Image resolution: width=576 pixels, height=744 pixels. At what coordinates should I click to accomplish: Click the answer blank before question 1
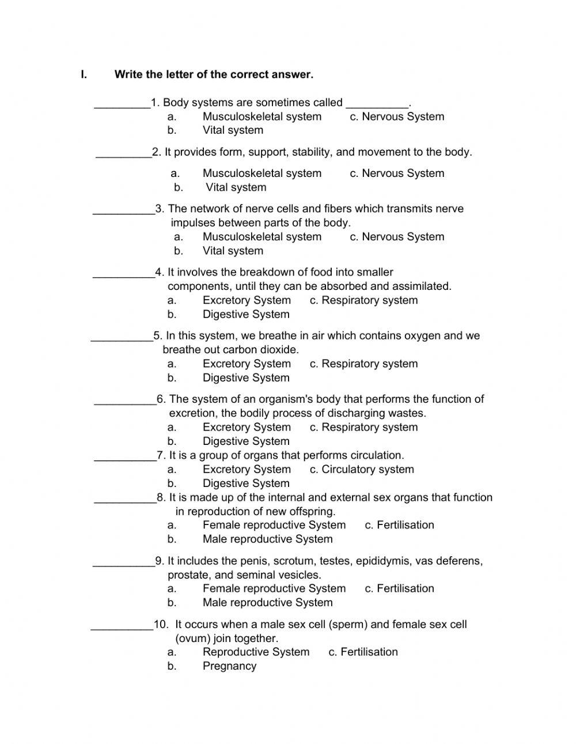pos(122,104)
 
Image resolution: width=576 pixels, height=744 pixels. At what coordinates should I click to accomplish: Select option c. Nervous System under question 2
pos(397,173)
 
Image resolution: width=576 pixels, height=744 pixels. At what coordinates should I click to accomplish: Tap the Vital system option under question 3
pos(233,251)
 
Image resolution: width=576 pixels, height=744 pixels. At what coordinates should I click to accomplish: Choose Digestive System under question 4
pos(246,314)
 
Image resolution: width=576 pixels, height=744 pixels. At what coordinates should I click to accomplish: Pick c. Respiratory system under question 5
pos(363,364)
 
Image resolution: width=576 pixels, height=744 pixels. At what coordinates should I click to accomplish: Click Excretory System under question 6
pos(247,427)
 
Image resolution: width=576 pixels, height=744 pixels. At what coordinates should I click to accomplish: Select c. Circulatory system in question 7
pos(362,469)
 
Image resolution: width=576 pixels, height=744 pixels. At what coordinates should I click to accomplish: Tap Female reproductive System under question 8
pos(274,525)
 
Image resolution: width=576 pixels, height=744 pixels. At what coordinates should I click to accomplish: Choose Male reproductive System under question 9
pos(267,602)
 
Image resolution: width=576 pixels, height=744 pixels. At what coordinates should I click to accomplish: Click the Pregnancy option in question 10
pos(229,666)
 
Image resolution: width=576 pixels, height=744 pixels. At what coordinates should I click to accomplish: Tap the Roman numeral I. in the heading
pos(84,74)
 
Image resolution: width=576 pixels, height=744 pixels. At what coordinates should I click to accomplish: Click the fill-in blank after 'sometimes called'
pos(377,104)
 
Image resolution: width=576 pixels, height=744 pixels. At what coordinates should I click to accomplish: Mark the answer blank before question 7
pos(125,456)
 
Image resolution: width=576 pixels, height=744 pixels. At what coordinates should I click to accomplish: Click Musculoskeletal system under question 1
pos(262,116)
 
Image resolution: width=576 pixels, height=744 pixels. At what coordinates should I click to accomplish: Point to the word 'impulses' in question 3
pos(192,223)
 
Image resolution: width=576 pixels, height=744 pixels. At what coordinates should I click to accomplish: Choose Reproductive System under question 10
pos(256,652)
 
